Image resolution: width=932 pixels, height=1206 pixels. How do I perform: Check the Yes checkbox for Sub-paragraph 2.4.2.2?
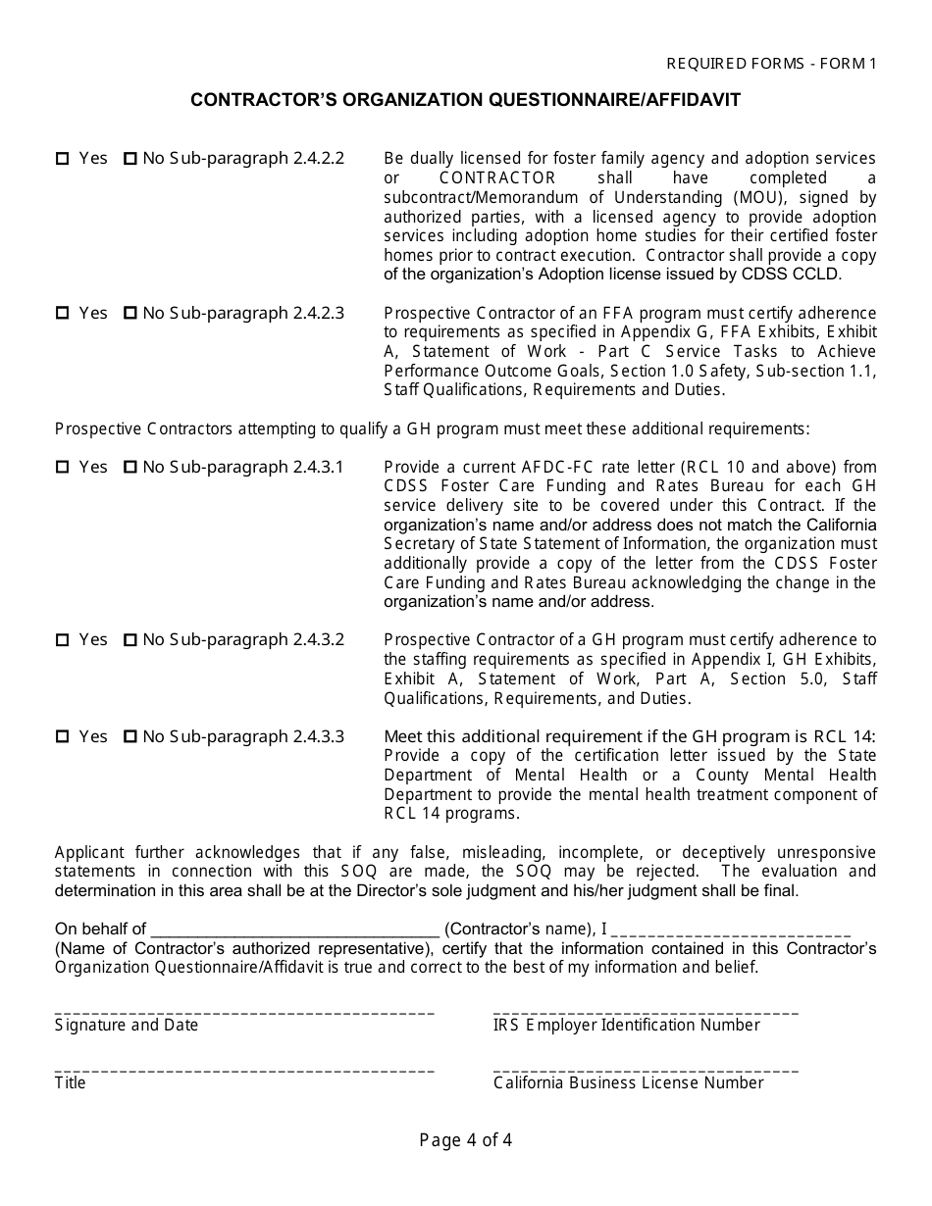pos(62,159)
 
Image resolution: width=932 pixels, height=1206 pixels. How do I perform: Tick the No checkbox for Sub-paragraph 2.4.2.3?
pos(130,314)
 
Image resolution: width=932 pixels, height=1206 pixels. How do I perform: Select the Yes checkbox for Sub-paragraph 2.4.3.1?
pos(62,468)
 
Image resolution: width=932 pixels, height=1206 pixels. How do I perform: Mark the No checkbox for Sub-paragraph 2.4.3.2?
pos(130,640)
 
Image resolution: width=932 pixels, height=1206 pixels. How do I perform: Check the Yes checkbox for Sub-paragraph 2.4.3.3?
pos(62,737)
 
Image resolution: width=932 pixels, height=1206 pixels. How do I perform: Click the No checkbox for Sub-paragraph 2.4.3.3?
pos(130,737)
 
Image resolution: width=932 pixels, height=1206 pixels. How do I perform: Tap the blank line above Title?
pos(244,1070)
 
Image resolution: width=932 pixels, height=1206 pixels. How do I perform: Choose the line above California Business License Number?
pos(646,1070)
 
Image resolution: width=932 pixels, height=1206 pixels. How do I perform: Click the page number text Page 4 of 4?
pos(465,1140)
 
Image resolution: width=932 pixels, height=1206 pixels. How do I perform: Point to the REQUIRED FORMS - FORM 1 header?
pos(771,64)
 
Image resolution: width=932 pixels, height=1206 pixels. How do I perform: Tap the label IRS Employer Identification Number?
pos(626,1026)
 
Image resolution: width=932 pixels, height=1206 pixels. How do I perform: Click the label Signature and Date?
pos(127,1026)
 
